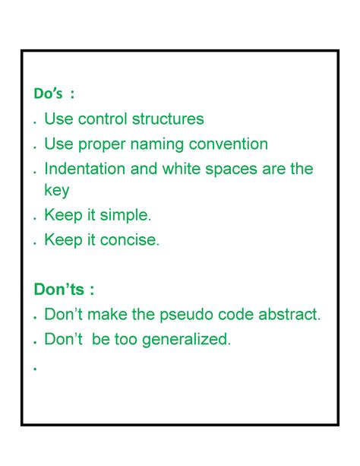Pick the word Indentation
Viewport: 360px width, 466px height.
click(84, 169)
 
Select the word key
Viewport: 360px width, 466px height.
click(56, 191)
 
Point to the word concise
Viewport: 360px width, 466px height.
click(131, 241)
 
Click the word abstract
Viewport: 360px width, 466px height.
click(287, 314)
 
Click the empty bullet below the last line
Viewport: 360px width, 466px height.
click(35, 368)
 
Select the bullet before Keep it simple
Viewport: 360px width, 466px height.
click(35, 219)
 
